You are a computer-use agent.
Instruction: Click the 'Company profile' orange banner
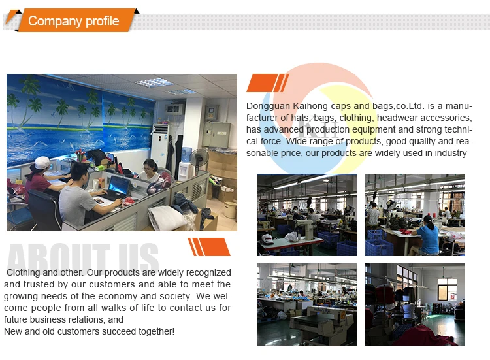tap(73, 21)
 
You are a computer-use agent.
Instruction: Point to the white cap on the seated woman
tap(42, 163)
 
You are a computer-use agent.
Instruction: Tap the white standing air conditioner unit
tap(160, 145)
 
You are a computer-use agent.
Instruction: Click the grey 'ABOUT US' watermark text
tap(83, 257)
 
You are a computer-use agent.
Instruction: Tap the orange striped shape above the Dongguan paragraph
tap(268, 83)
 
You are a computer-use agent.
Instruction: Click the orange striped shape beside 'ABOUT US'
tap(209, 247)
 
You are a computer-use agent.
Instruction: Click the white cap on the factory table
tap(267, 238)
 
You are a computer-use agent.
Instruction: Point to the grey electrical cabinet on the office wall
tap(216, 135)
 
